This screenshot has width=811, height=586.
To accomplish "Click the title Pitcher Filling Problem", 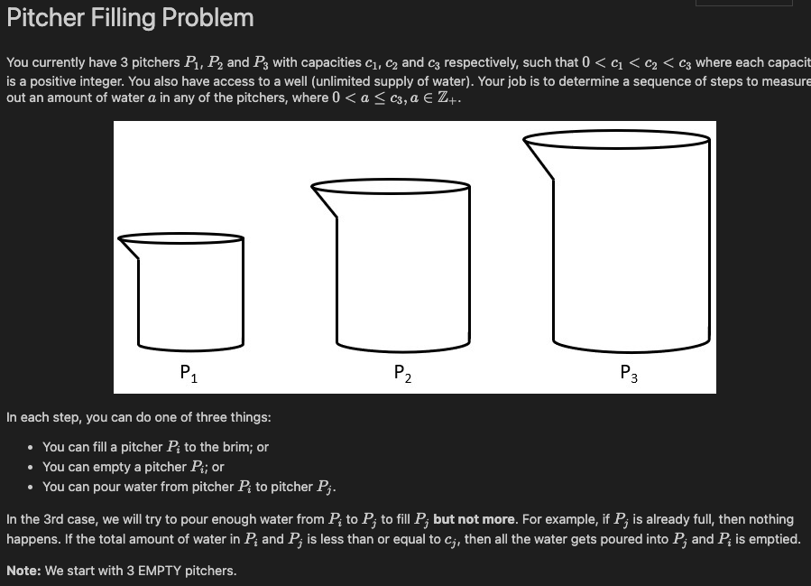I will [x=130, y=18].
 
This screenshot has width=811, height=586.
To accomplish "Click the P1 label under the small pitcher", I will [x=189, y=372].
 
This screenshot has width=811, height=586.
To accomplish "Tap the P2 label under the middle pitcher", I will [x=403, y=372].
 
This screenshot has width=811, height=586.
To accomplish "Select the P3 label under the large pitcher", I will [x=629, y=372].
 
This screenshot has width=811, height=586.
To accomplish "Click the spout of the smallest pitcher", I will [x=129, y=248].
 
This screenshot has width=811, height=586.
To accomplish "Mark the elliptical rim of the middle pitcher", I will [x=392, y=187].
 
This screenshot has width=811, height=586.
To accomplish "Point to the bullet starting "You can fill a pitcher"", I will [x=155, y=447].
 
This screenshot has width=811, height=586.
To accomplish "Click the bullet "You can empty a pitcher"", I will [x=133, y=467].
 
